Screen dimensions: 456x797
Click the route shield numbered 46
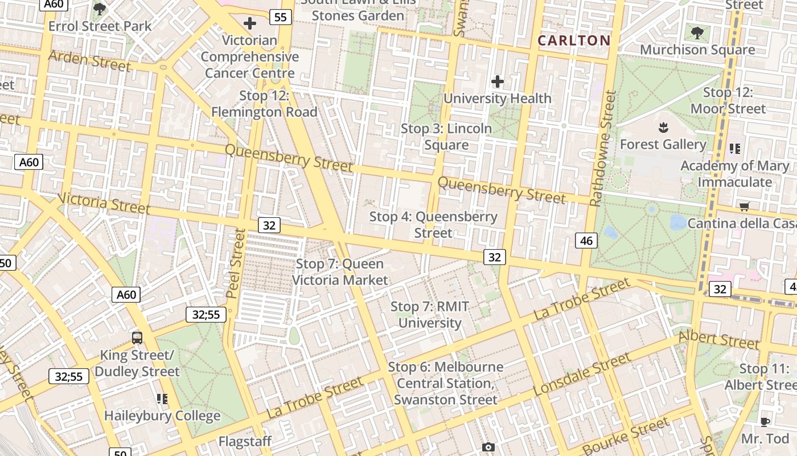[x=586, y=241]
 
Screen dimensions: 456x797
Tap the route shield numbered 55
[x=280, y=17]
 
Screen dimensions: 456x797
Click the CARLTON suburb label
[x=574, y=40]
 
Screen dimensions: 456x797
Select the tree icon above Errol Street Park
[x=100, y=9]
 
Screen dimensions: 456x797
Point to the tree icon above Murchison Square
[x=697, y=32]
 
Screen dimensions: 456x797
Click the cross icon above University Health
[x=498, y=82]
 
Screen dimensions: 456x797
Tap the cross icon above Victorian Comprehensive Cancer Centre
[x=249, y=23]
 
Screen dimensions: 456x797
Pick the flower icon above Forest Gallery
[x=663, y=127]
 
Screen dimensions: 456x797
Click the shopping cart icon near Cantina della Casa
[x=744, y=206]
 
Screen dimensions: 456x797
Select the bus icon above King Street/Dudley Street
[x=137, y=337]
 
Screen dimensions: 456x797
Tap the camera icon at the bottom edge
[x=488, y=447]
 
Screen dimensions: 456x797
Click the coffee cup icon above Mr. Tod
[x=765, y=422]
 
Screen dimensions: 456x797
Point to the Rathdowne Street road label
[x=603, y=148]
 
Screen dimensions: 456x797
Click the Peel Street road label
[x=235, y=263]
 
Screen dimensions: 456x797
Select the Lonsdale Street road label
[x=582, y=374]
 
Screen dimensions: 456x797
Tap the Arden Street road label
[x=90, y=61]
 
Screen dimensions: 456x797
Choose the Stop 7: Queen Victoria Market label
[x=340, y=272]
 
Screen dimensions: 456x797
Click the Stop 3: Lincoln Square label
[x=446, y=136]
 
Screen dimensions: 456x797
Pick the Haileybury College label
[x=162, y=416]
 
